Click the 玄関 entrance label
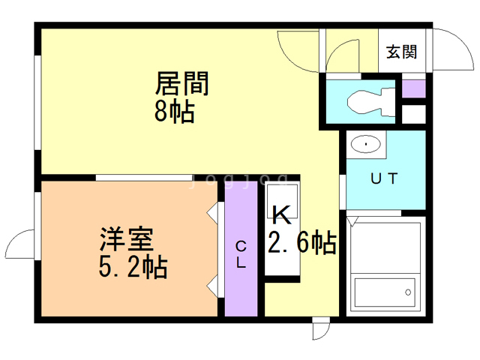click(402, 52)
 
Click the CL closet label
click(241, 255)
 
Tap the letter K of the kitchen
click(280, 215)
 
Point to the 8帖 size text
click(174, 112)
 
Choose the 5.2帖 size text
click(133, 266)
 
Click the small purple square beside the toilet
click(414, 87)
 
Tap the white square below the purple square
click(414, 115)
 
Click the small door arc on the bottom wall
click(321, 330)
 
